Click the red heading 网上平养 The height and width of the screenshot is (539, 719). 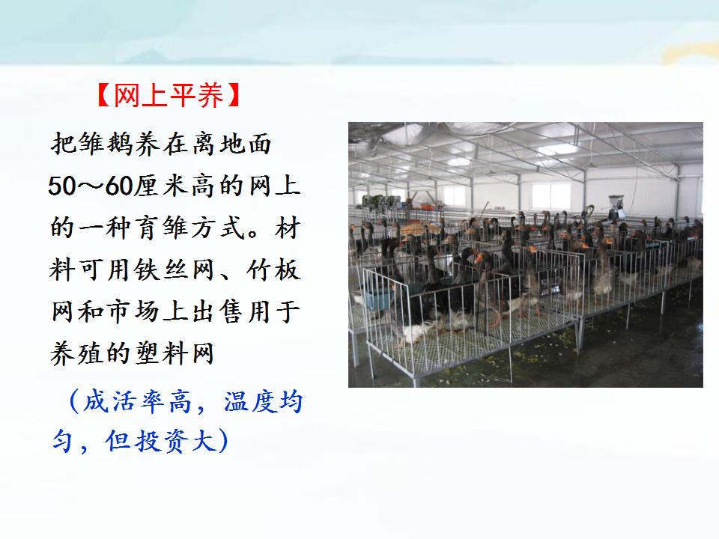169,95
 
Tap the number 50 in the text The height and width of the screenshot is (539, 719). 62,186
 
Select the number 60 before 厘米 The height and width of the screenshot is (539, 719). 119,186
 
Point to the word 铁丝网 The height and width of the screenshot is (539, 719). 175,270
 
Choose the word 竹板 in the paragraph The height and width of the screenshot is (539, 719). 274,270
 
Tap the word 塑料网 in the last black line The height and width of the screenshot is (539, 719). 175,354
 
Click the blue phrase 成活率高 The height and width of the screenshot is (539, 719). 137,402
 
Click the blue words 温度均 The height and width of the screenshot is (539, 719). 263,402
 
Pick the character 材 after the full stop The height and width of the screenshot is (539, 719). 288,228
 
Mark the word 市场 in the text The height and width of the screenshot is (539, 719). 133,311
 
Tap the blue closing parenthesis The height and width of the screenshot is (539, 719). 223,441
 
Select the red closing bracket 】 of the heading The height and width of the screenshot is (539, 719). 234,95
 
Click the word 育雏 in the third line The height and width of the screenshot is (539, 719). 161,228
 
